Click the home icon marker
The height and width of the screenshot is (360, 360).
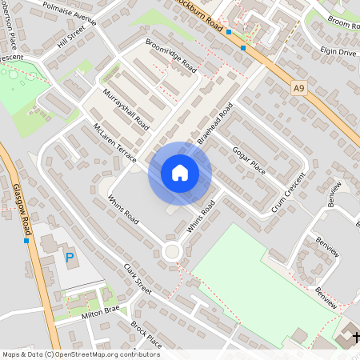(180, 173)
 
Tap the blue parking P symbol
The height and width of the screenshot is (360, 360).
(70, 258)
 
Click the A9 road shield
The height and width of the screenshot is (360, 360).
(299, 87)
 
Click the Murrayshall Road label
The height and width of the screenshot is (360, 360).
(126, 110)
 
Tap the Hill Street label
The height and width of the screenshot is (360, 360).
(71, 38)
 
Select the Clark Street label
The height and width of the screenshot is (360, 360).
(137, 279)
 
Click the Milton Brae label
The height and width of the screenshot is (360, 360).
(100, 310)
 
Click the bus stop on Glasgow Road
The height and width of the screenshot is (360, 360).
(26, 240)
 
